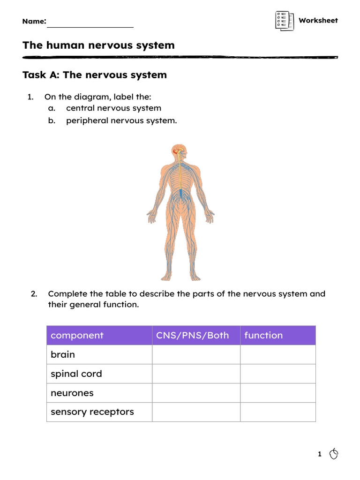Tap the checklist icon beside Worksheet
point(285,21)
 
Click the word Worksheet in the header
point(318,21)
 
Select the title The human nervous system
point(98,45)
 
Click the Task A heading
point(95,75)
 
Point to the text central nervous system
point(113,108)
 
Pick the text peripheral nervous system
point(121,120)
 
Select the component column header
point(77,335)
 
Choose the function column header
point(263,335)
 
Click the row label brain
point(63,354)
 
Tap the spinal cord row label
point(76,374)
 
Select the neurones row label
point(72,393)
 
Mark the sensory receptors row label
point(92,412)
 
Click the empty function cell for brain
point(277,354)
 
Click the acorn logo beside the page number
point(334,454)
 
